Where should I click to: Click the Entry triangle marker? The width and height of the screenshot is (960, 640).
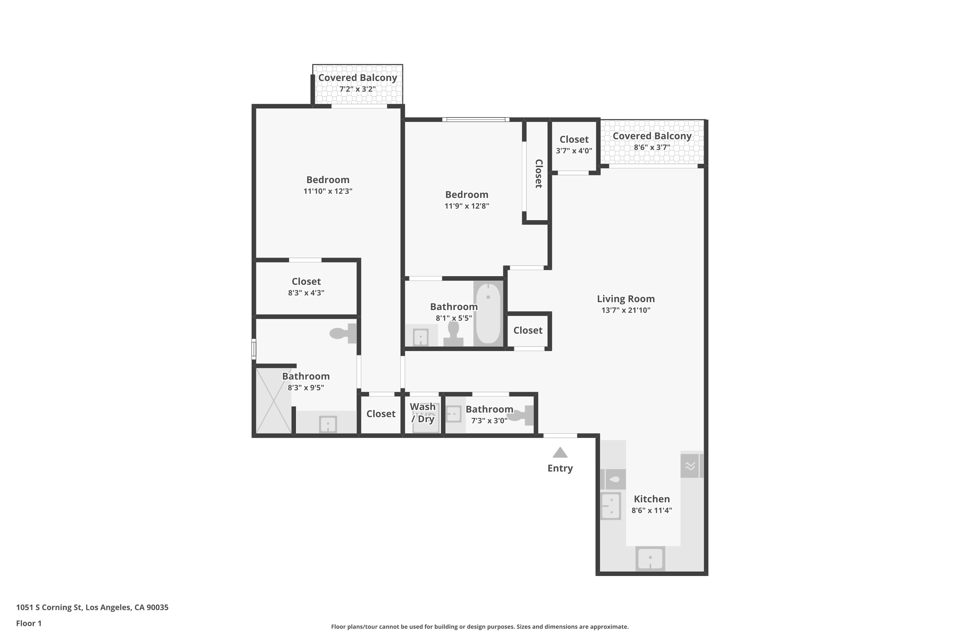[x=560, y=453]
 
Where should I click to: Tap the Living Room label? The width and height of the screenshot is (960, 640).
[x=625, y=299]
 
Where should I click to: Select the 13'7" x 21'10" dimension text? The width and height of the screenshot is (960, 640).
[x=625, y=310]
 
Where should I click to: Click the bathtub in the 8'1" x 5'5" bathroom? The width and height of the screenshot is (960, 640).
[x=488, y=313]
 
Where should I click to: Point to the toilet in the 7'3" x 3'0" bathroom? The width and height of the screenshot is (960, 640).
[x=522, y=415]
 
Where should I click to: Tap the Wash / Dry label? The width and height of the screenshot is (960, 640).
[x=423, y=413]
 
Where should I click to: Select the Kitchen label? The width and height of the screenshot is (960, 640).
[x=652, y=499]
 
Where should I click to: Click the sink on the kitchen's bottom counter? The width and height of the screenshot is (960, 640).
[x=650, y=559]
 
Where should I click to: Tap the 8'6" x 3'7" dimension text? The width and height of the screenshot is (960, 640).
[x=652, y=147]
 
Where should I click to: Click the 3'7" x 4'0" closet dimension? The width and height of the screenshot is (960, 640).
[x=573, y=151]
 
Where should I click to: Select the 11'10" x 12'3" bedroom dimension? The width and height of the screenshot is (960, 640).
[x=327, y=191]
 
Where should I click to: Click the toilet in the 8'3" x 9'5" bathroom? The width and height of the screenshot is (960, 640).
[x=343, y=333]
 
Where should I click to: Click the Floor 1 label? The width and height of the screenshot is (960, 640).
[x=28, y=623]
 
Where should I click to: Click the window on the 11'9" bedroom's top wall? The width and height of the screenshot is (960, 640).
[x=476, y=120]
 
